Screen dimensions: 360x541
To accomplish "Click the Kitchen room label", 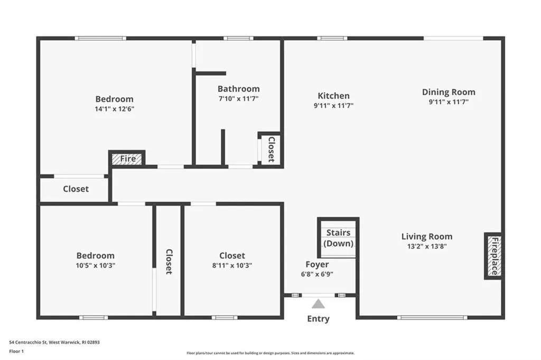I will [333, 96].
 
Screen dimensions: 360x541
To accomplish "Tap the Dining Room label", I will [449, 92].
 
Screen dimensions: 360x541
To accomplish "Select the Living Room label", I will [427, 236].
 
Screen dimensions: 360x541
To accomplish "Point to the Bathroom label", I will [238, 89].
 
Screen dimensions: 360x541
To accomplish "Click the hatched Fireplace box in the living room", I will [493, 256].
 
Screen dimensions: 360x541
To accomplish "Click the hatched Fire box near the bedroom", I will [127, 158].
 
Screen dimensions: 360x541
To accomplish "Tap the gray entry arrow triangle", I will [318, 303].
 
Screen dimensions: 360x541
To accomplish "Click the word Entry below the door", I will [318, 319].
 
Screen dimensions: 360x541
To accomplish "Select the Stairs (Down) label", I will [338, 238].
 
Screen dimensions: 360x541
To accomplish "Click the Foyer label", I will [317, 264].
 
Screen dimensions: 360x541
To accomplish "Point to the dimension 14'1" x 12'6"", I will [114, 109].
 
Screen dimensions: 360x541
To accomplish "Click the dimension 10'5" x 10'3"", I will [95, 265].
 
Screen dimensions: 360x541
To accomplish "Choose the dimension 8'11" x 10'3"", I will [232, 265].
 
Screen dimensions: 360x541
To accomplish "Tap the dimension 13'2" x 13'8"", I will [427, 246].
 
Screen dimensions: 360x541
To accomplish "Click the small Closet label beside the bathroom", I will [271, 150].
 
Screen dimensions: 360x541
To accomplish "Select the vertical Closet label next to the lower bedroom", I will [169, 262].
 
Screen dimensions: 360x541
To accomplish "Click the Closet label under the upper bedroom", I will [76, 189].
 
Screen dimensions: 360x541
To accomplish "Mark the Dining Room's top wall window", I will [453, 38].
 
